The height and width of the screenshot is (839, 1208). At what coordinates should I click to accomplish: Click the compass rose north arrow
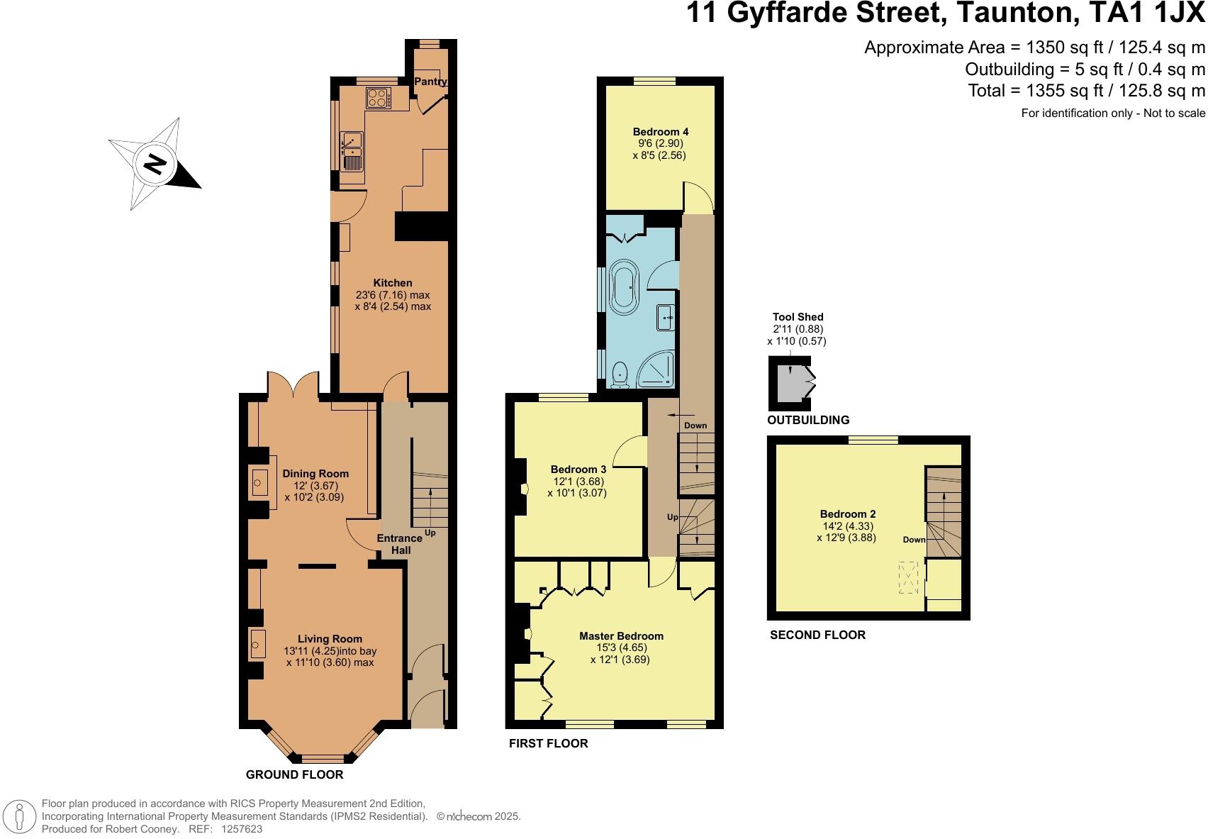[x=155, y=166]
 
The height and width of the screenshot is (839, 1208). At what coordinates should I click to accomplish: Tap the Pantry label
[x=430, y=82]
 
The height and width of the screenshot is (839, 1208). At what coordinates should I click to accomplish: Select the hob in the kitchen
[x=378, y=97]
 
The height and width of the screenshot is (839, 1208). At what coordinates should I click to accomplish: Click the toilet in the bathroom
[x=620, y=374]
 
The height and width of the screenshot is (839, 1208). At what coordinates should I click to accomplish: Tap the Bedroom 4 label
[x=660, y=132]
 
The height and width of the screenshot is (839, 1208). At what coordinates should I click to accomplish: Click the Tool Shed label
[x=798, y=317]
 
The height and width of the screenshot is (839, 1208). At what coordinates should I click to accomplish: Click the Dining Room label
[x=315, y=474]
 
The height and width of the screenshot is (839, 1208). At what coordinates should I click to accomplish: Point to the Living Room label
[x=330, y=639]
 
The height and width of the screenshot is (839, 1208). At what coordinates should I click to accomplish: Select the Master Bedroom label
[x=621, y=636]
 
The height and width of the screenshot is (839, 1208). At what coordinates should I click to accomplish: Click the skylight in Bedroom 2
[x=908, y=577]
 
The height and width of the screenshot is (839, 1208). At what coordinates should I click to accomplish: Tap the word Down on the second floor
[x=914, y=540]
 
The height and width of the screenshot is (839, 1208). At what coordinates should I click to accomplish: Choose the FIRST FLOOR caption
[x=548, y=743]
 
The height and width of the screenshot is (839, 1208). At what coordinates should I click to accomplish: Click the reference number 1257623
[x=242, y=828]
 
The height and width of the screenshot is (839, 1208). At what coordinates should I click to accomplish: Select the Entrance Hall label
[x=399, y=544]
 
